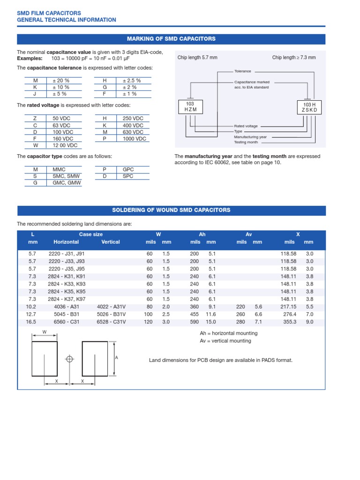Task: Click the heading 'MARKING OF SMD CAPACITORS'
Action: tap(171, 39)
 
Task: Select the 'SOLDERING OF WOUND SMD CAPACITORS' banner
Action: tap(171, 210)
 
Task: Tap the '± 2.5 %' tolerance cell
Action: tap(132, 81)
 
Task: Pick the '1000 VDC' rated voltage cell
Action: tap(135, 139)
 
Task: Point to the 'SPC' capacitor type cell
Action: tap(128, 176)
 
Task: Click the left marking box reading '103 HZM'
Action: tap(190, 106)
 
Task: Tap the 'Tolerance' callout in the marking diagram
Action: tap(242, 71)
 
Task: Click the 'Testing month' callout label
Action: tap(246, 142)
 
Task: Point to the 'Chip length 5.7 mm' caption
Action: tap(197, 58)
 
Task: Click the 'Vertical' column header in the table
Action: tap(111, 242)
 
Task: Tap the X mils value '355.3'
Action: tap(290, 322)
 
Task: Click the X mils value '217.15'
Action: tap(288, 307)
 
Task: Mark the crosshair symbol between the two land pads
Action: tap(69, 359)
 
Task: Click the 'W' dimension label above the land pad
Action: tap(45, 332)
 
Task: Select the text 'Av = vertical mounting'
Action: tap(225, 341)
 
